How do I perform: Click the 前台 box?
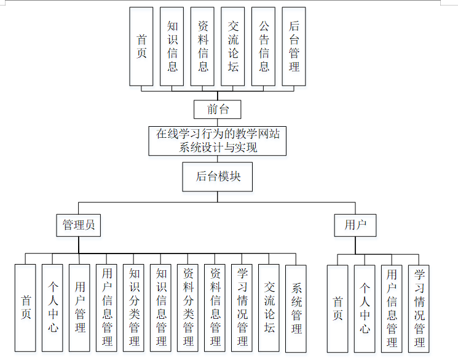pyautogui.click(x=217, y=110)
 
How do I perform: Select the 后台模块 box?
pyautogui.click(x=218, y=177)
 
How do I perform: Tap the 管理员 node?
pyautogui.click(x=79, y=225)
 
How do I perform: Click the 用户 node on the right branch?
pyautogui.click(x=355, y=225)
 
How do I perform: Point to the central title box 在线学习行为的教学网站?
pyautogui.click(x=218, y=141)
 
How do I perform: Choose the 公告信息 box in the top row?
pyautogui.click(x=264, y=46)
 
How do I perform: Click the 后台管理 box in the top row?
pyautogui.click(x=294, y=46)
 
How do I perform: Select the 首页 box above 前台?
pyautogui.click(x=141, y=46)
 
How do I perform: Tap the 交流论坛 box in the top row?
pyautogui.click(x=233, y=46)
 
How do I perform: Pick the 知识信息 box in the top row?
pyautogui.click(x=172, y=46)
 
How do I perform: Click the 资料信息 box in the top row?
pyautogui.click(x=203, y=46)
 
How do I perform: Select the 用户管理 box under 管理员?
pyautogui.click(x=79, y=308)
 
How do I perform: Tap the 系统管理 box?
pyautogui.click(x=296, y=308)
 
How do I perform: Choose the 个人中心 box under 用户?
pyautogui.click(x=365, y=308)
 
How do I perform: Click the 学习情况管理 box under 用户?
pyautogui.click(x=419, y=308)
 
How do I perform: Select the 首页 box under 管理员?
pyautogui.click(x=25, y=308)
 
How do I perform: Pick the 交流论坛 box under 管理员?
pyautogui.click(x=269, y=308)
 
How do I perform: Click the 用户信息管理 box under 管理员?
pyautogui.click(x=106, y=308)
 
